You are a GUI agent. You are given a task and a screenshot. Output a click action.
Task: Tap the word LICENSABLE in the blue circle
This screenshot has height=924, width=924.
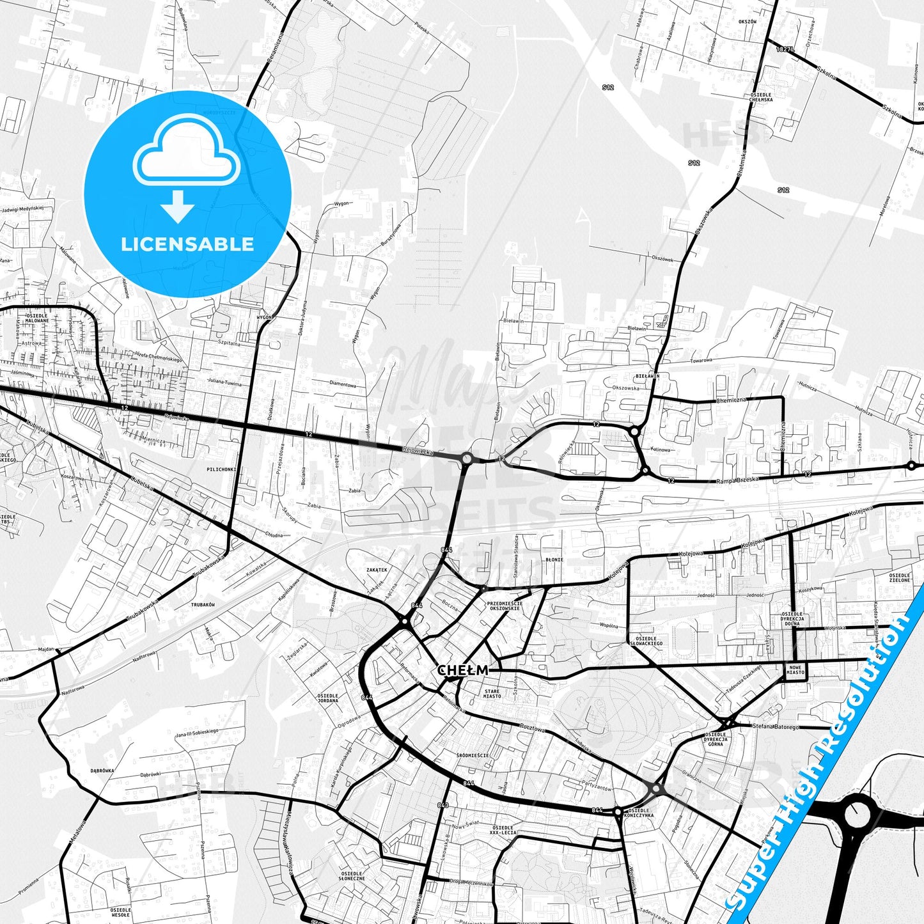(187, 244)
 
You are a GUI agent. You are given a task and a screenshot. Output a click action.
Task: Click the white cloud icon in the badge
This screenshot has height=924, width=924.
(186, 156)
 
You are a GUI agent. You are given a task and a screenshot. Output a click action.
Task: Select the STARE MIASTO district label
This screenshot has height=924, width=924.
(492, 694)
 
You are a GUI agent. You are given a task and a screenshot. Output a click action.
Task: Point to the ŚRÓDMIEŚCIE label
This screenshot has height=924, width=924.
(473, 755)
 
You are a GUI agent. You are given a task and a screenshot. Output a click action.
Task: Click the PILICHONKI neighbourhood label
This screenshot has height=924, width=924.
(221, 469)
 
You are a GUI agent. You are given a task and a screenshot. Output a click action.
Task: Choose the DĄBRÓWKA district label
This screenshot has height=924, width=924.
(102, 771)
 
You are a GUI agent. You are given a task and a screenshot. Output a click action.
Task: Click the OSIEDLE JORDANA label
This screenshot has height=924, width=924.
(328, 698)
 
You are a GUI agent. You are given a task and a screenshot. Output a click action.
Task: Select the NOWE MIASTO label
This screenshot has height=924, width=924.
(795, 670)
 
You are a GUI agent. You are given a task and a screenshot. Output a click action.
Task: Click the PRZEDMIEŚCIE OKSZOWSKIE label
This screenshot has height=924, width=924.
(505, 606)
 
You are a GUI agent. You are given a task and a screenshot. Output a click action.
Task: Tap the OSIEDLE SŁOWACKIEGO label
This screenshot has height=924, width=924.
(646, 641)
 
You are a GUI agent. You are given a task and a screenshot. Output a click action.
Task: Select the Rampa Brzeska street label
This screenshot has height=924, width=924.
(737, 480)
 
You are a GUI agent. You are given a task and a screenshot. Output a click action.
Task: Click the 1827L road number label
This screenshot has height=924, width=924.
(785, 49)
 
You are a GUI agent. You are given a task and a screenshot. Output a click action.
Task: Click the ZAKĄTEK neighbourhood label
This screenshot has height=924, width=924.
(377, 569)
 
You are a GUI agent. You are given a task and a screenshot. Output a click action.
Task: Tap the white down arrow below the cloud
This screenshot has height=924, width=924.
(178, 206)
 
